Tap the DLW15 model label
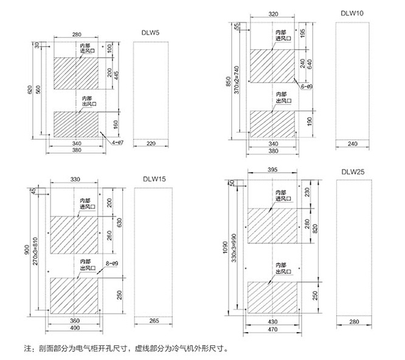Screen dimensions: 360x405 pyautogui.click(x=154, y=179)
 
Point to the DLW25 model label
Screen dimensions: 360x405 pyautogui.click(x=351, y=173)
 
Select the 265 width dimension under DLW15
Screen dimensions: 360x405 pyautogui.click(x=152, y=320)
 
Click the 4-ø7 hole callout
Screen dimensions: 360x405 pyautogui.click(x=117, y=142)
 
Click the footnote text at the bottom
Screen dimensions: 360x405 pyautogui.click(x=126, y=350)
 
